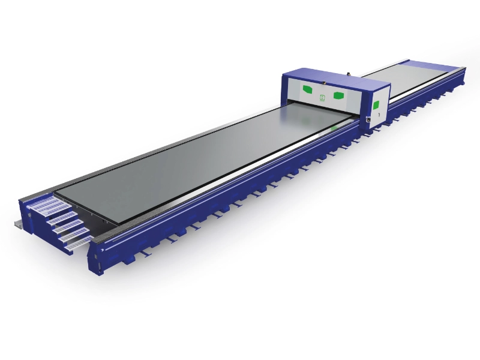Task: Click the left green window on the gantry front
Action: [308, 89]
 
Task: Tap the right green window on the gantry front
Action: [338, 95]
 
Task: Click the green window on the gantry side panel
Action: [376, 106]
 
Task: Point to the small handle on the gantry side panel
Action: [370, 118]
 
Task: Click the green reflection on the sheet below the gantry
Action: [334, 128]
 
